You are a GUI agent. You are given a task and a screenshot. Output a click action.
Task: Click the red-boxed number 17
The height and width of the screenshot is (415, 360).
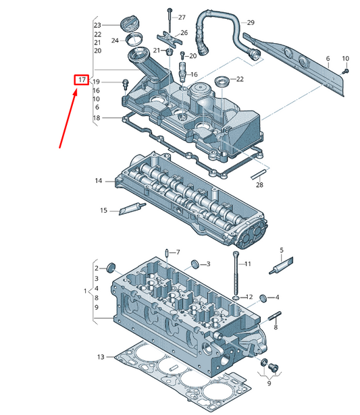click(x=81, y=80)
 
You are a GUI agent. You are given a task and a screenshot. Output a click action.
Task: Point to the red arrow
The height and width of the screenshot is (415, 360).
click(x=68, y=119)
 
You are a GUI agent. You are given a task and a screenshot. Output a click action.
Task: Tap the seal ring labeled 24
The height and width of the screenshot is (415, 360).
click(x=134, y=39)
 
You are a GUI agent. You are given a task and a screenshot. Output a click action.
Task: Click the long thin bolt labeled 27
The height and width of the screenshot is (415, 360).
click(x=170, y=21)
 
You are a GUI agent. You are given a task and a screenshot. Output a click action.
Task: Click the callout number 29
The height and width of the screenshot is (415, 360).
click(x=251, y=22)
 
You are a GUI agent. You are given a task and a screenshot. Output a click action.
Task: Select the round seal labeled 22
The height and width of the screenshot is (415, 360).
click(x=222, y=82)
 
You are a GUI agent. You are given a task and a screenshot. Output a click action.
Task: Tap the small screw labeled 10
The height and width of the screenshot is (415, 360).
click(x=345, y=71)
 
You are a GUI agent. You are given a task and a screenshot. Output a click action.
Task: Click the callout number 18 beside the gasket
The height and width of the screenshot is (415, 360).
click(x=97, y=118)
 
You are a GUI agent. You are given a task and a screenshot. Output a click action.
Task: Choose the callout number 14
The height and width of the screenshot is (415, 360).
click(x=99, y=181)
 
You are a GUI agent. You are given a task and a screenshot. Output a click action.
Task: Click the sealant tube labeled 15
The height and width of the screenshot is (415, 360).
click(x=132, y=209)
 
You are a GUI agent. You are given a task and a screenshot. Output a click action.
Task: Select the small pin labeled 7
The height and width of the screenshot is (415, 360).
click(x=167, y=253)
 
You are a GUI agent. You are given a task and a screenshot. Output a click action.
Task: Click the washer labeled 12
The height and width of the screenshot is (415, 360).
click(x=236, y=298)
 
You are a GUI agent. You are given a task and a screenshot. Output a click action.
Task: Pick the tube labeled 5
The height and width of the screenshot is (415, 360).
click(x=281, y=266)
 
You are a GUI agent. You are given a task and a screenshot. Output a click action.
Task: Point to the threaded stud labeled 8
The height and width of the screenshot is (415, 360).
click(x=275, y=316)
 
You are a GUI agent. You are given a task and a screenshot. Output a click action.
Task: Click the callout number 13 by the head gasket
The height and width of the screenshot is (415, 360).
click(x=101, y=357)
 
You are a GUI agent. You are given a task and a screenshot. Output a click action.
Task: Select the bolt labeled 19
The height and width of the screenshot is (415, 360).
click(x=126, y=84)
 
